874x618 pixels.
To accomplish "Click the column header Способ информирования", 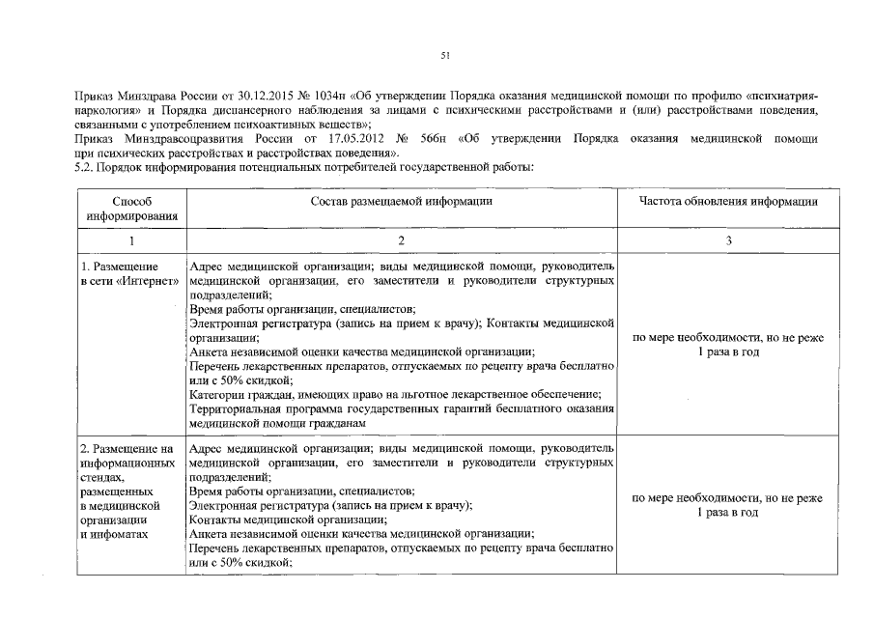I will pyautogui.click(x=131, y=209).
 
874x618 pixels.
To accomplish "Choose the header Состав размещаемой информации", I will pyautogui.click(x=402, y=202).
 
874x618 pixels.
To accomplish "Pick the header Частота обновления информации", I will pyautogui.click(x=728, y=202).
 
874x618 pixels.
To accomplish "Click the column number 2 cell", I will pyautogui.click(x=402, y=240).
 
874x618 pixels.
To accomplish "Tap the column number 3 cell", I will pyautogui.click(x=728, y=240).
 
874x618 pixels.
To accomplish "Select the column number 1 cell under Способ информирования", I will pyautogui.click(x=131, y=240).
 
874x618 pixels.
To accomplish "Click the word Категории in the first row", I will pyautogui.click(x=216, y=393).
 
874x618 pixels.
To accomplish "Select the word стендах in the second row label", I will pyautogui.click(x=102, y=476).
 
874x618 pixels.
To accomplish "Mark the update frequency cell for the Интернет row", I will pyautogui.click(x=728, y=345).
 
